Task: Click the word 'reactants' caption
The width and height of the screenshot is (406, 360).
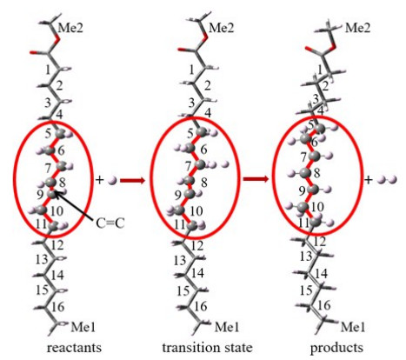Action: pyautogui.click(x=74, y=347)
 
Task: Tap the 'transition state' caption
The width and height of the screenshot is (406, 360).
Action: pyautogui.click(x=207, y=347)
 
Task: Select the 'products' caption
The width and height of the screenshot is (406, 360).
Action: pyautogui.click(x=336, y=348)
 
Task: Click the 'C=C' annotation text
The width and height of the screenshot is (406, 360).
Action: pyautogui.click(x=110, y=223)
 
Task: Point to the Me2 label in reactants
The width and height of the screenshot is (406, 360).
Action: pyautogui.click(x=70, y=29)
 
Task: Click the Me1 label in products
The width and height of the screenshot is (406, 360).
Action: pyautogui.click(x=353, y=327)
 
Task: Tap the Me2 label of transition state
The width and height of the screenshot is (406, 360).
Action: pyautogui.click(x=222, y=29)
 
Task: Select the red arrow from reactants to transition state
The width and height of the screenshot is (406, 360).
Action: pyautogui.click(x=132, y=181)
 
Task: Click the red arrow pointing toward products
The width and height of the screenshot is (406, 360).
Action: pyautogui.click(x=256, y=179)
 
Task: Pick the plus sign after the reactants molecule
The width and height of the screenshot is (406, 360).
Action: pyautogui.click(x=99, y=180)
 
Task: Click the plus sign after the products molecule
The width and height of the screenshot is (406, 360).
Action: pyautogui.click(x=369, y=180)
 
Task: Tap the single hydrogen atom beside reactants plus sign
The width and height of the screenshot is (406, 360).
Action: pyautogui.click(x=112, y=181)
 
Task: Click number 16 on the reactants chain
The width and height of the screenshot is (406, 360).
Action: pyautogui.click(x=57, y=307)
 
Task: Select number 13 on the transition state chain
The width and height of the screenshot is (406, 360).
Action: pyautogui.click(x=180, y=260)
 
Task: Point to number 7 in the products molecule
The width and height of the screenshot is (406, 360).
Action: pyautogui.click(x=303, y=157)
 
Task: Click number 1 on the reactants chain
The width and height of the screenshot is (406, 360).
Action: pyautogui.click(x=48, y=70)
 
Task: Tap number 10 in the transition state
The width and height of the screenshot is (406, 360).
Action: pyautogui.click(x=196, y=211)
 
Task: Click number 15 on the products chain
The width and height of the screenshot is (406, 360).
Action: pyautogui.click(x=306, y=290)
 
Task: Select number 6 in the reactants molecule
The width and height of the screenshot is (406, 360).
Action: pyautogui.click(x=61, y=150)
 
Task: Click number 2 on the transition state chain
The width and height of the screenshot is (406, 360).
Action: pyautogui.click(x=208, y=86)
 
